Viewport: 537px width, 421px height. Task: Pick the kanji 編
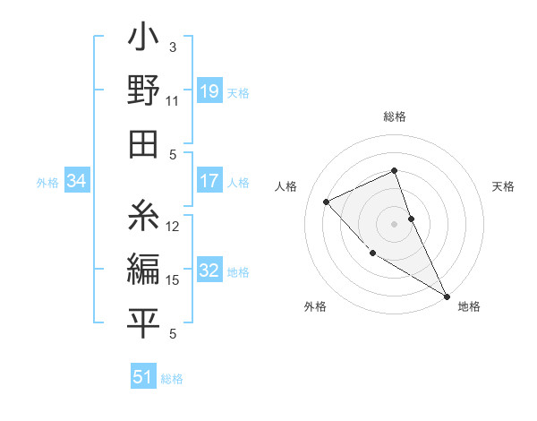click(143, 269)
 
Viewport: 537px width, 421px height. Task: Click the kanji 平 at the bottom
click(143, 322)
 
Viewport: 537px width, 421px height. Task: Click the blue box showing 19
click(209, 90)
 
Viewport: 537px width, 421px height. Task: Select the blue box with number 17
click(209, 181)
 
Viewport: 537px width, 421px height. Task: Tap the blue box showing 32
click(209, 271)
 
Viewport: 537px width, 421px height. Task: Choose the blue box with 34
click(77, 182)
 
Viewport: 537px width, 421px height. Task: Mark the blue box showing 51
click(143, 377)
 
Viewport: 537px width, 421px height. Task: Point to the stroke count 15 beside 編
click(173, 280)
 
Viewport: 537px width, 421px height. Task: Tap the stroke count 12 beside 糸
click(173, 226)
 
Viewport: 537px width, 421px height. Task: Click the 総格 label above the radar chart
click(395, 117)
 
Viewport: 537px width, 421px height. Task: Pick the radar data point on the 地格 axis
click(447, 296)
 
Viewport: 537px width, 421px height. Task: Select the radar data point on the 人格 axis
click(327, 202)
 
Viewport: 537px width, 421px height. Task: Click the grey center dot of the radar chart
click(395, 223)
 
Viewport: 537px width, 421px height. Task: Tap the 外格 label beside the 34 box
click(47, 183)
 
